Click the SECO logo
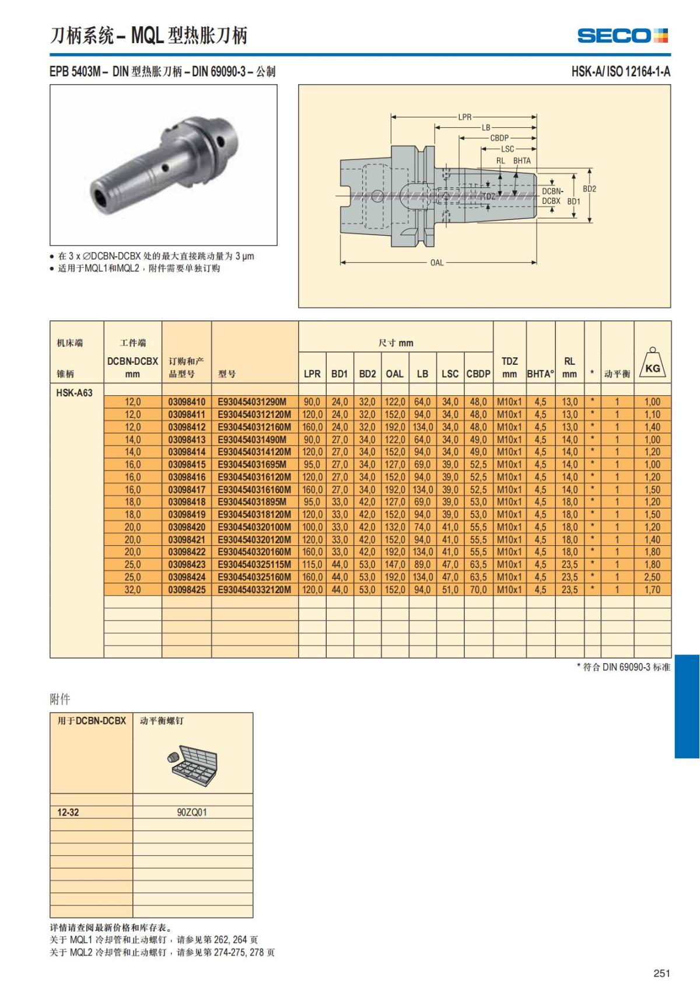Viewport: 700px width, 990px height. pos(622,36)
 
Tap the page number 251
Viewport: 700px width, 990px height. pos(661,972)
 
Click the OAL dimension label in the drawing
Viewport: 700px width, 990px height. pos(437,263)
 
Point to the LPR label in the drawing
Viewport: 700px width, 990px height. pos(464,117)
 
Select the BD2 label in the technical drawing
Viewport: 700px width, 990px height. pos(589,189)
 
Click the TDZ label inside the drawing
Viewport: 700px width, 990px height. pos(488,197)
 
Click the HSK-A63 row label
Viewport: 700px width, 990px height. pos(74,393)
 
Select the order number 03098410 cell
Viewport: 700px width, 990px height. pos(187,402)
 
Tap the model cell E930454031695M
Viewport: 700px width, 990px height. pos(252,465)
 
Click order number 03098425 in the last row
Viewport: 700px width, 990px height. pos(187,590)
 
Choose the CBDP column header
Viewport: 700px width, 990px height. pos(478,374)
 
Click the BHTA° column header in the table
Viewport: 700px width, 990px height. pos(540,374)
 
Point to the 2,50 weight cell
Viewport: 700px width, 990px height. pos(652,577)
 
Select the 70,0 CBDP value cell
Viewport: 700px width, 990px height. pos(478,590)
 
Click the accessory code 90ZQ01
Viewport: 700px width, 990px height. pos(192,812)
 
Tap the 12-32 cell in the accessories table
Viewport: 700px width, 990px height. pos(68,812)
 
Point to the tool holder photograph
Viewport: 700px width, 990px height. pos(163,165)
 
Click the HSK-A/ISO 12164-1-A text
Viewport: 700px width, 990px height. pos(621,72)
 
